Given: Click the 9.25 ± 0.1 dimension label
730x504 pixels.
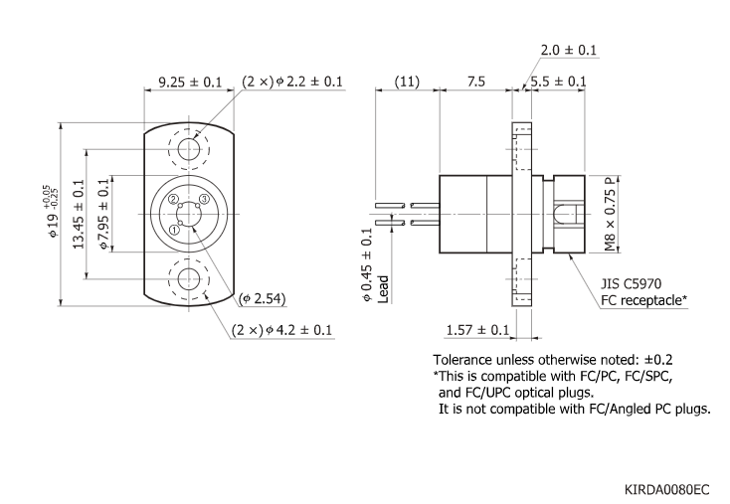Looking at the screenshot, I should coord(189,82).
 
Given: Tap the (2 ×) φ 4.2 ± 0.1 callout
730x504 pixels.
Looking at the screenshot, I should coord(281,330).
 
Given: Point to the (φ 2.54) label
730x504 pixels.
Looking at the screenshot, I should coord(263,298).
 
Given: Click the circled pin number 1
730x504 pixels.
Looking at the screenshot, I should coord(175,230).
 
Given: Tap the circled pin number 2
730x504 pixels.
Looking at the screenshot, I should coord(173,200).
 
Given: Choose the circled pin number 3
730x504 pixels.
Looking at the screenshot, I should coord(203,200).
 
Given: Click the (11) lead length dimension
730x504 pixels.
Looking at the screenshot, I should coord(406,82).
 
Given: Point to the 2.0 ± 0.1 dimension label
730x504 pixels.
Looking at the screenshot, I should coord(568,50).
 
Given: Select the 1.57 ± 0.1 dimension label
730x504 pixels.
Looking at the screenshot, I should coord(477,330).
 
